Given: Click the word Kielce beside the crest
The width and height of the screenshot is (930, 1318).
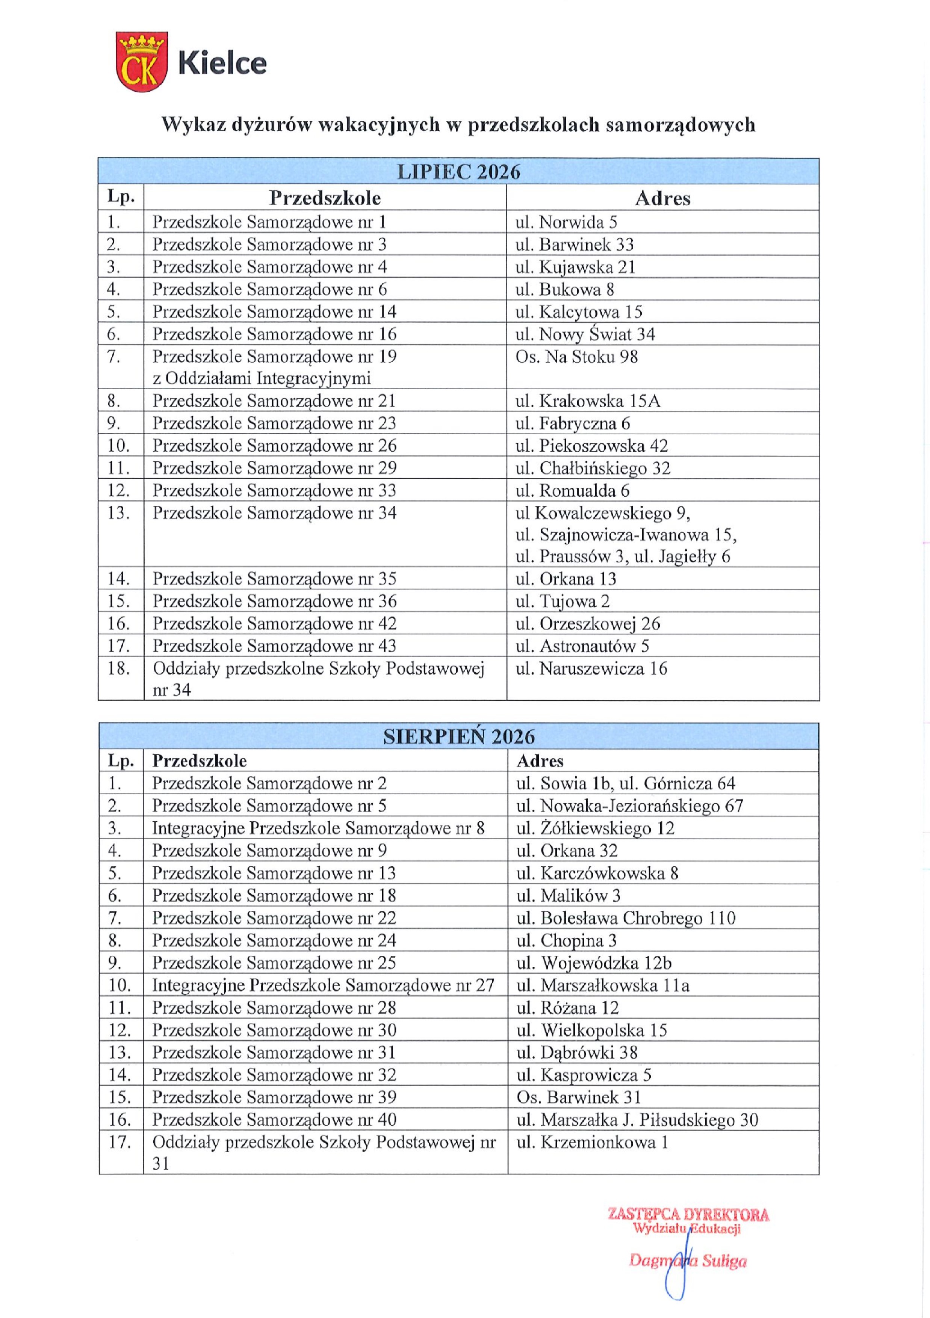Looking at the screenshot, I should tap(223, 63).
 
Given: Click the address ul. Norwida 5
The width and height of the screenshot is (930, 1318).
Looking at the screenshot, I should tap(566, 222).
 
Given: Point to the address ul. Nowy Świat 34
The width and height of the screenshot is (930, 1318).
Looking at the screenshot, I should tap(585, 334).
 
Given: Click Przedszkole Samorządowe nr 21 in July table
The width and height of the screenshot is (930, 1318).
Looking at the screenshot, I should tap(274, 401).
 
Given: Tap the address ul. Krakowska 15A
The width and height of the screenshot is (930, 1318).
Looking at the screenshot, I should tap(588, 401).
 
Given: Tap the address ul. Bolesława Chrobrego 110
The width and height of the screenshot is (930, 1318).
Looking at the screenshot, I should tap(626, 918).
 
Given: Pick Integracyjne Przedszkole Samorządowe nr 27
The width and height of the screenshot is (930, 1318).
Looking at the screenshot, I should tap(323, 985).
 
